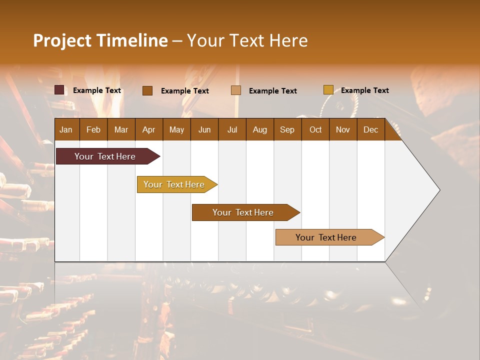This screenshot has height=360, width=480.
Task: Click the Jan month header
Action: (x=66, y=129)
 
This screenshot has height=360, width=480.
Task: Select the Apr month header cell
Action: (x=148, y=129)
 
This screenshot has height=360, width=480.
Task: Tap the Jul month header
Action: (x=232, y=129)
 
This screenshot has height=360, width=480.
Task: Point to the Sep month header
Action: (x=287, y=129)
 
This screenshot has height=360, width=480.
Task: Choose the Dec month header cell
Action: (x=370, y=129)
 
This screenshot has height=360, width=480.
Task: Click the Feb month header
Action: (x=93, y=129)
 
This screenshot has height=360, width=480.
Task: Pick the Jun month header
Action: (x=204, y=129)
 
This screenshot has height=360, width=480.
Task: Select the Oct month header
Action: (x=315, y=129)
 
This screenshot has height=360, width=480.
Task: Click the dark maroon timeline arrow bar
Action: (x=105, y=156)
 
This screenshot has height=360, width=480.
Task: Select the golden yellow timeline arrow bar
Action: (x=174, y=184)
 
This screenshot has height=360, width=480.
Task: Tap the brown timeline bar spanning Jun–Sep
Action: (x=243, y=212)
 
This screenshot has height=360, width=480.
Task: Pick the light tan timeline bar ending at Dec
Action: (x=326, y=237)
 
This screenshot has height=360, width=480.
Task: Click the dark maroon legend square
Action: (x=59, y=90)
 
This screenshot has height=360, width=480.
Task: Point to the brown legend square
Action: (x=147, y=90)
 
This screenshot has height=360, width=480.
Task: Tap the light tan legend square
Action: (x=236, y=90)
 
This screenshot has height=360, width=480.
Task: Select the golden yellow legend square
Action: (x=328, y=90)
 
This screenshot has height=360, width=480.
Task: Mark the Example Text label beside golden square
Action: (x=364, y=90)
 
